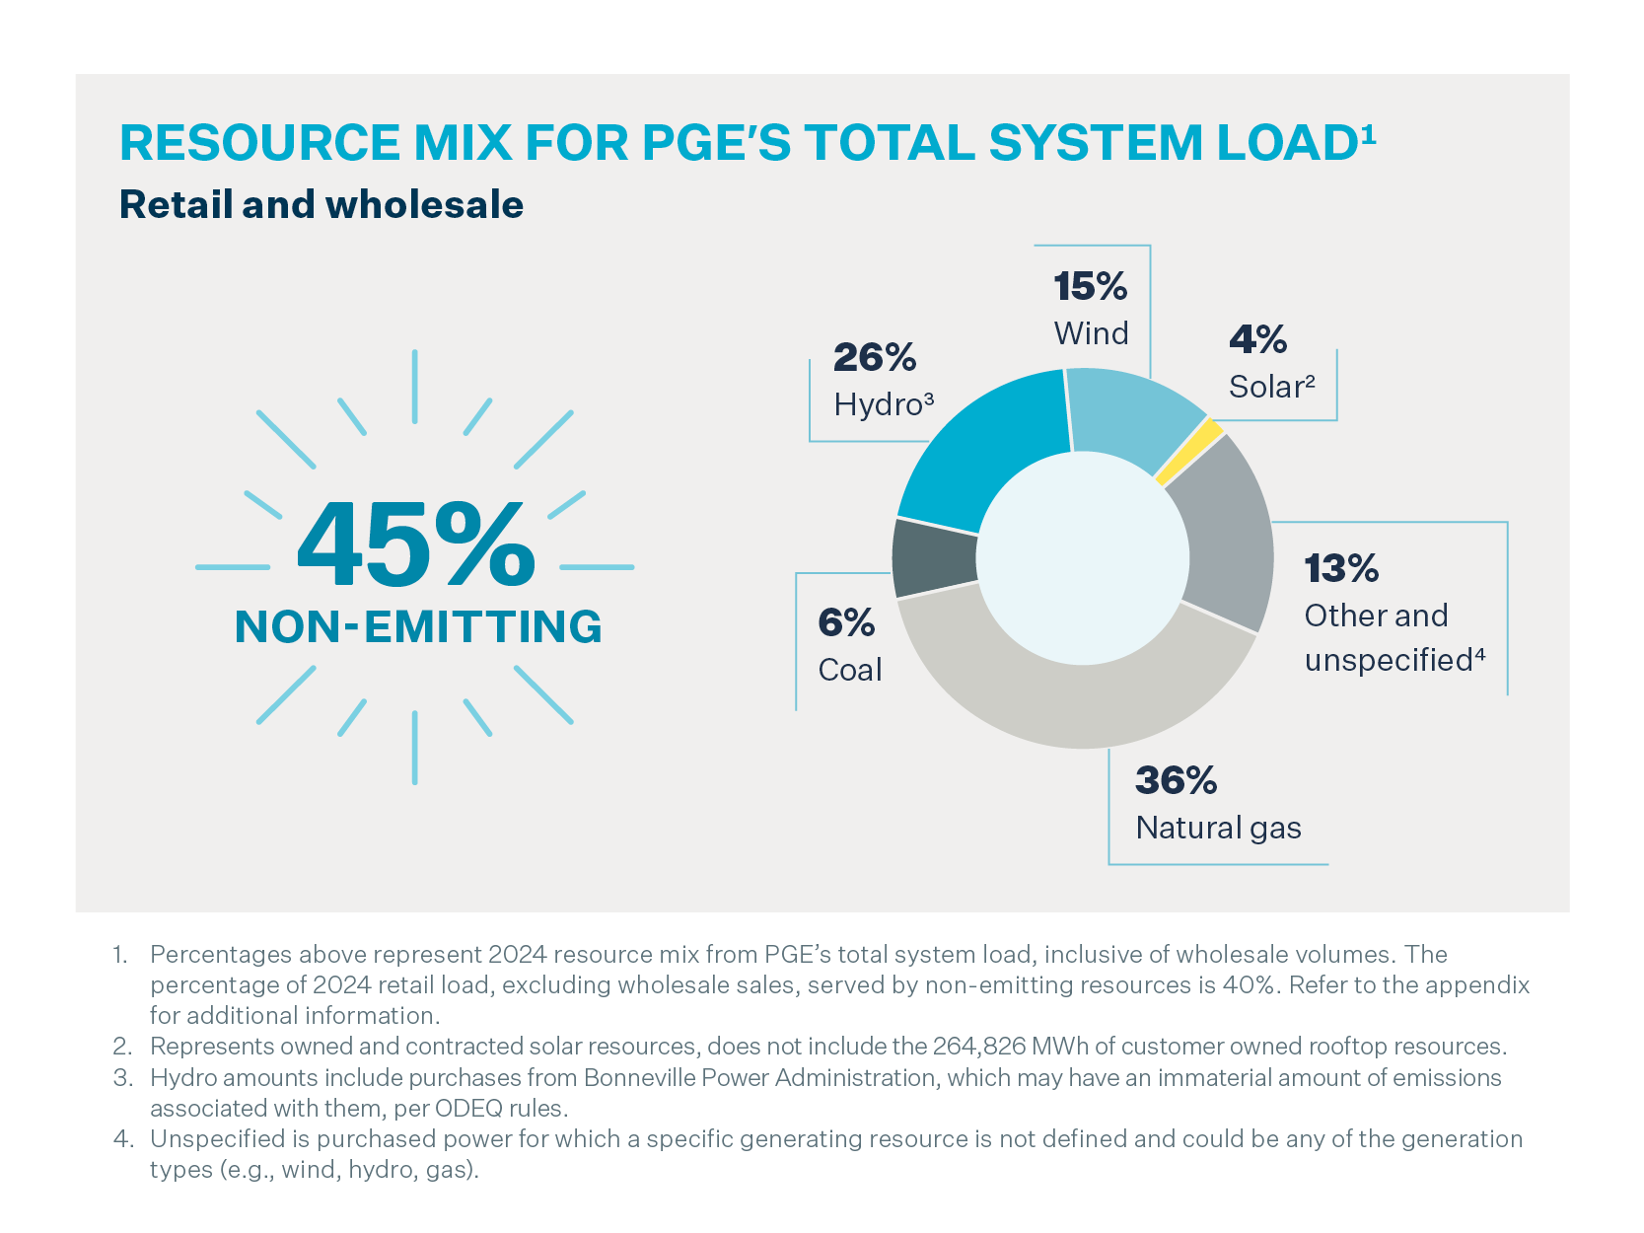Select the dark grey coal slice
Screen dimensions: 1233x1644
pos(934,557)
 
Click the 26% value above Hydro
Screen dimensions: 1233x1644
pos(875,357)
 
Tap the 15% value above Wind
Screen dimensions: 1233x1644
pos(1090,286)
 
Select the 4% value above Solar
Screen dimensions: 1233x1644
pos(1257,340)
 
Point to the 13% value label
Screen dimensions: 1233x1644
pos(1341,569)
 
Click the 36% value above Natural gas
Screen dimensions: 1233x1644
pos(1176,781)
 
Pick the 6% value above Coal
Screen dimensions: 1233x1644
pos(846,623)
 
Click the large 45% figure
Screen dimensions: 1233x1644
pos(415,545)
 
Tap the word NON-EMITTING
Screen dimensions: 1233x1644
pos(418,627)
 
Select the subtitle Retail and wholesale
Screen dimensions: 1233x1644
pos(322,205)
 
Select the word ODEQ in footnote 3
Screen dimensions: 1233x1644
pos(468,1108)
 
